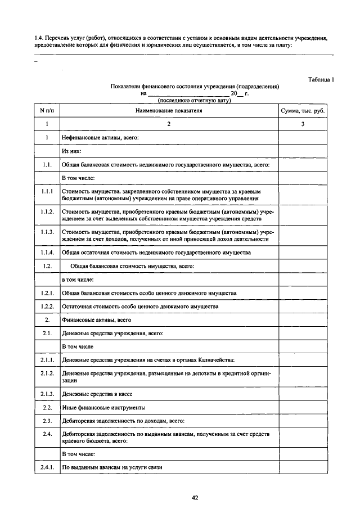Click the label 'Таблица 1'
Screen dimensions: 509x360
pyautogui.click(x=321, y=79)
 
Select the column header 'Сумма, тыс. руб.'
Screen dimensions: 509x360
pyautogui.click(x=303, y=111)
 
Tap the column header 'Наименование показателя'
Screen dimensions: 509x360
pyautogui.click(x=168, y=111)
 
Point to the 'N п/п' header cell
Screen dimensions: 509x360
pyautogui.click(x=47, y=111)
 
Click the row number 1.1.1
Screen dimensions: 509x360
pyautogui.click(x=47, y=192)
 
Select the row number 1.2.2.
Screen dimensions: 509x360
pyautogui.click(x=47, y=307)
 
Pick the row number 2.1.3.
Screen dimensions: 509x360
pyautogui.click(x=47, y=394)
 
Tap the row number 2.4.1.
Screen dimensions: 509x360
pyautogui.click(x=47, y=467)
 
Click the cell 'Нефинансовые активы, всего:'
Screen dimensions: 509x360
pyautogui.click(x=101, y=137)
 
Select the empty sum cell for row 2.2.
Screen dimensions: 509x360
pyautogui.click(x=303, y=407)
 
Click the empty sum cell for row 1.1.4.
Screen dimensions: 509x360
pyautogui.click(x=303, y=253)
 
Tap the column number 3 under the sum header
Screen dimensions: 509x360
pyautogui.click(x=303, y=124)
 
